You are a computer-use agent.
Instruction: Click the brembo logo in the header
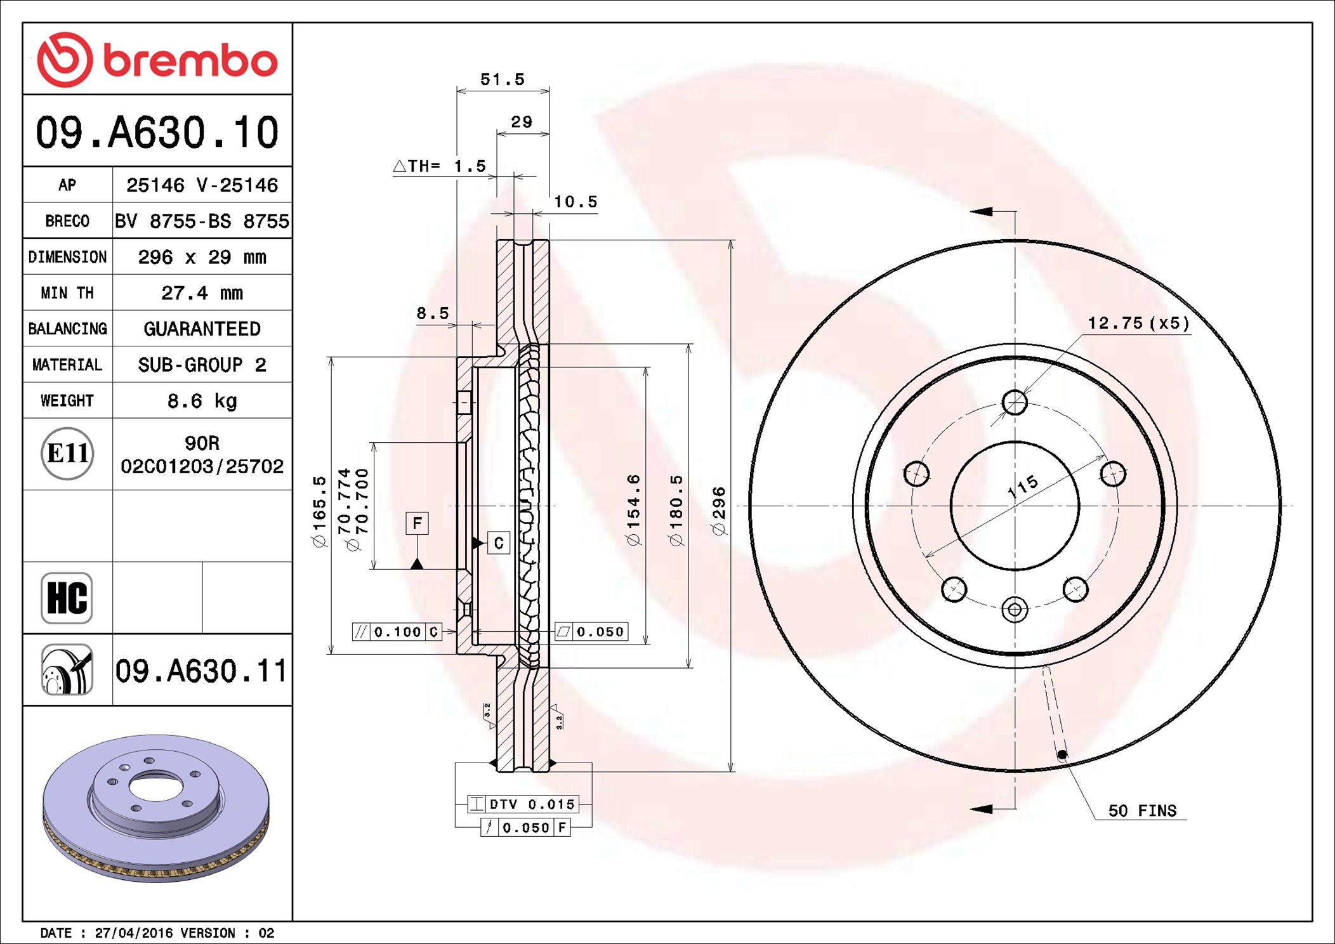coord(157,60)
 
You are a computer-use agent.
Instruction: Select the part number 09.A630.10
coord(157,133)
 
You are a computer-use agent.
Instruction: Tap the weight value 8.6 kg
coord(202,401)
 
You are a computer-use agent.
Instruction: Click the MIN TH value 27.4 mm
coord(202,293)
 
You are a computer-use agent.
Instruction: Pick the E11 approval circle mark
coord(67,454)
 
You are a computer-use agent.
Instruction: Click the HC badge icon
coord(67,598)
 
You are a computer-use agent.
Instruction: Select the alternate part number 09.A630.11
coord(201,671)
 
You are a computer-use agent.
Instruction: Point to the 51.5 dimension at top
coord(503,79)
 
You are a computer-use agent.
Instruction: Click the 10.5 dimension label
coord(575,202)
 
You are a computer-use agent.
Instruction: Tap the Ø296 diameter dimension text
coord(719,511)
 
